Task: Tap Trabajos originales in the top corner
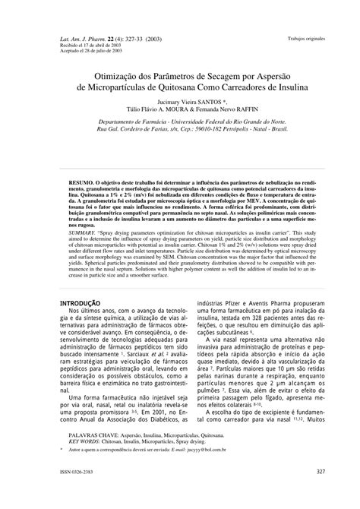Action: click(305, 36)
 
